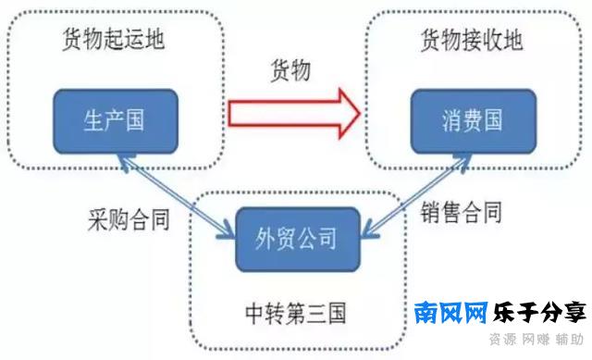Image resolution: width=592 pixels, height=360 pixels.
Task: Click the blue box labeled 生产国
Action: coord(116,120)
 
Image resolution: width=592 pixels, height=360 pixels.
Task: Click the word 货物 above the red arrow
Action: coord(290,71)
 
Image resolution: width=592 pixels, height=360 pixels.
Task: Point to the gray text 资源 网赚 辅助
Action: coord(536,340)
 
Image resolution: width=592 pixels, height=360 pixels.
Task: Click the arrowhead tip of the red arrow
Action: coord(359,112)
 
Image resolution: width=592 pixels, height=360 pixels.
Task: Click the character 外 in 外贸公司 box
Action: coord(263,238)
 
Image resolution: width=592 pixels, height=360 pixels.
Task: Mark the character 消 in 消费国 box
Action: coord(448,121)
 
